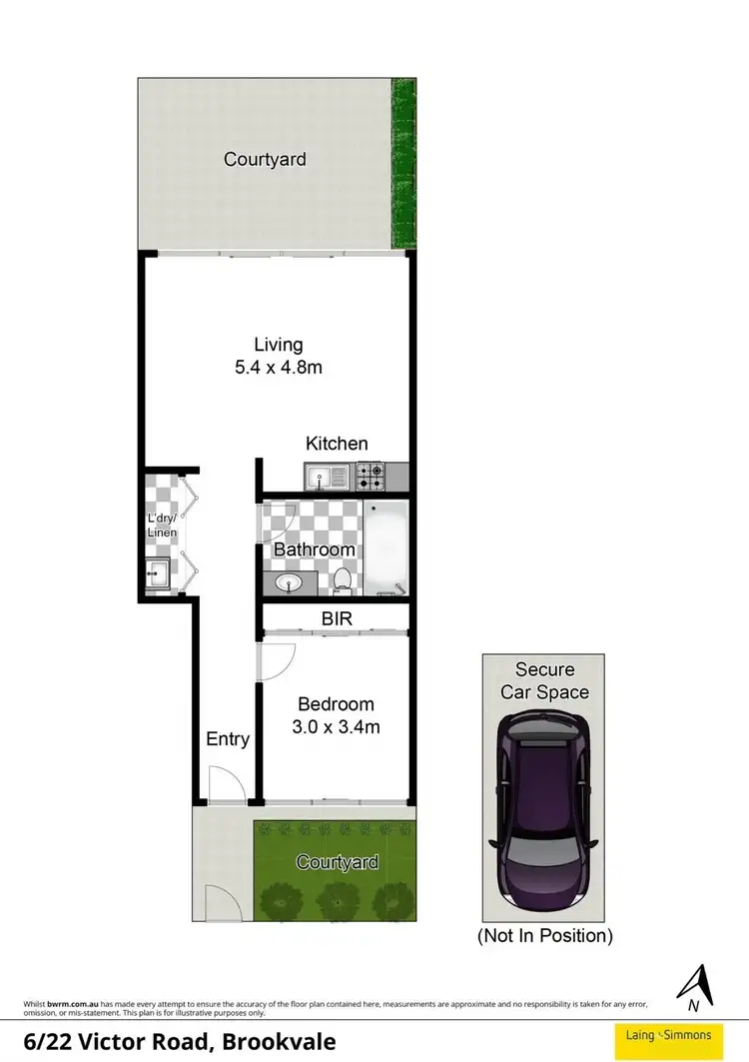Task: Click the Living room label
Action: click(278, 345)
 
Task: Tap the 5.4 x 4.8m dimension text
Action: click(278, 368)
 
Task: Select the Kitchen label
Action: click(337, 444)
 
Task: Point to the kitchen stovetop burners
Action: click(371, 477)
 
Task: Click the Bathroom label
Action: click(314, 549)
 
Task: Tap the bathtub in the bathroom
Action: click(385, 548)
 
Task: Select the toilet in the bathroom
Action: click(343, 580)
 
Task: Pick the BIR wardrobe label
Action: click(336, 619)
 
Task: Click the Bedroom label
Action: click(336, 704)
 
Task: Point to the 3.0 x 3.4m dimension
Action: click(336, 727)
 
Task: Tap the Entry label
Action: click(227, 739)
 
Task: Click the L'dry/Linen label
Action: click(162, 526)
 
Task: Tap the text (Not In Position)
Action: click(544, 936)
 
